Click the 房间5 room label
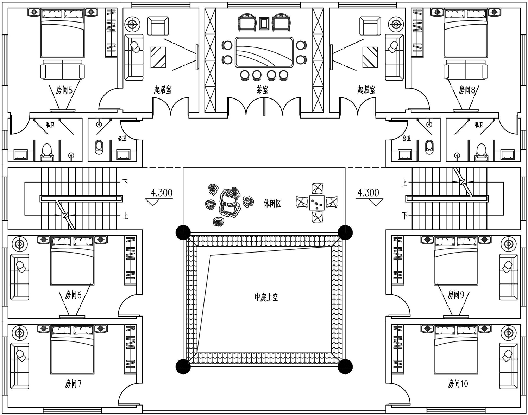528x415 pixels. tap(64, 90)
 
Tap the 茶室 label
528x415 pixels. tap(262, 90)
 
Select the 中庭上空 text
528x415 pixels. tap(266, 297)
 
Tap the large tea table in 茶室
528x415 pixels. tap(264, 52)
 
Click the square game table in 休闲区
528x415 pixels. tap(317, 203)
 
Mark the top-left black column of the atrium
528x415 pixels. tap(183, 232)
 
